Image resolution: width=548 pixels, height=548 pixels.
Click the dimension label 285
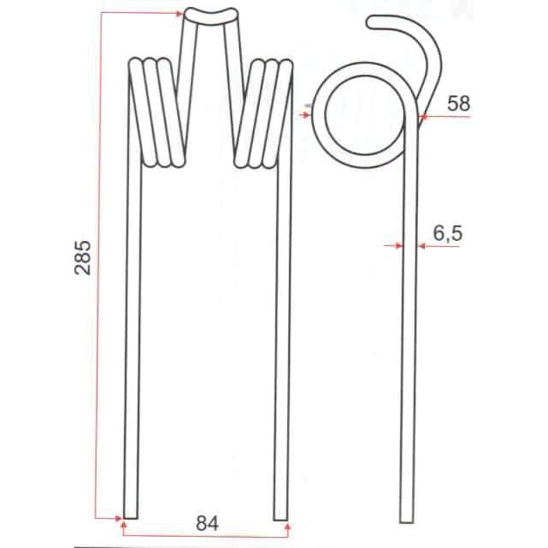[84, 256]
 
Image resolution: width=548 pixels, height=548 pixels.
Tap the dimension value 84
[206, 522]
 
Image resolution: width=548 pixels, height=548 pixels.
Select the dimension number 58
[459, 103]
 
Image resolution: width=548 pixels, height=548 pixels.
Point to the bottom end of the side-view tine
[409, 516]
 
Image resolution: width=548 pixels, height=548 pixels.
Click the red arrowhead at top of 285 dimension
[178, 13]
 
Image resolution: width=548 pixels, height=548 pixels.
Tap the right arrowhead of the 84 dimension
[285, 520]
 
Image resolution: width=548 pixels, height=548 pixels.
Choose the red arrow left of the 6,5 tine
[398, 246]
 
